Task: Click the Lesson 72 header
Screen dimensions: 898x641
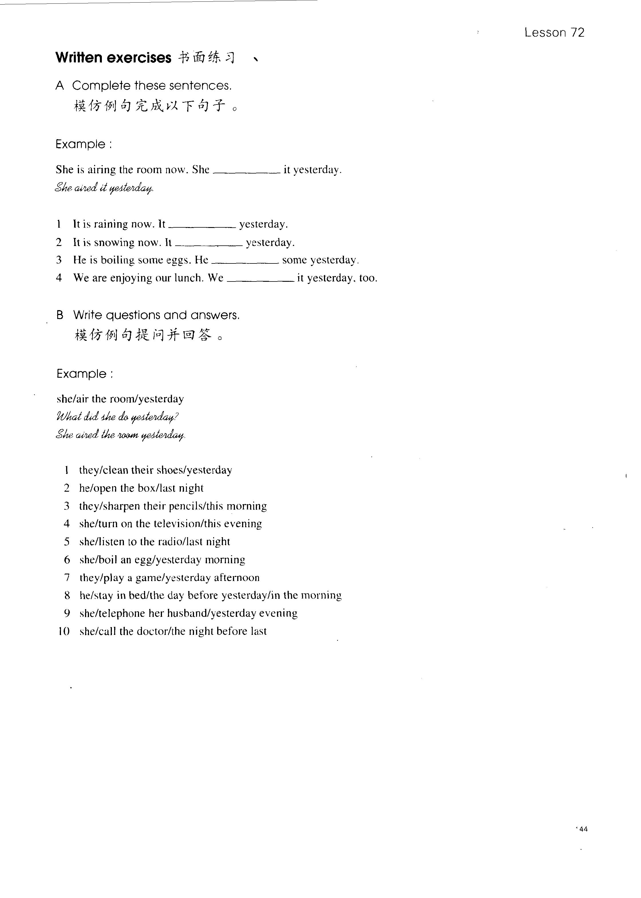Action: point(554,33)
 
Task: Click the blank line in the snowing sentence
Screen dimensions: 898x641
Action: point(208,245)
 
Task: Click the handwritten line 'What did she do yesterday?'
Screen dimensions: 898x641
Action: point(118,417)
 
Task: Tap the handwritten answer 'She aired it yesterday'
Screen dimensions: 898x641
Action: point(104,188)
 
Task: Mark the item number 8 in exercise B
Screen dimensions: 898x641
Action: point(67,596)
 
